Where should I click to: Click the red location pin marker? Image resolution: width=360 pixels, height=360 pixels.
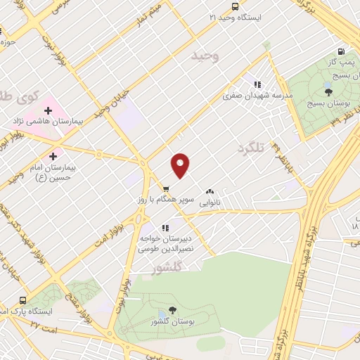click(x=181, y=165)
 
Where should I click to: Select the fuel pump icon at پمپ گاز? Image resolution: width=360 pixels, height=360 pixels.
click(x=341, y=51)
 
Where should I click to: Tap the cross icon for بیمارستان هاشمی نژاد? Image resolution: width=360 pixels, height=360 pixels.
click(x=48, y=110)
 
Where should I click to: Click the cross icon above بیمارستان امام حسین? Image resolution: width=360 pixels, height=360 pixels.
click(x=53, y=155)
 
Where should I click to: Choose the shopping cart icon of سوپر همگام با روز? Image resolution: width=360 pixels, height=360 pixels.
click(x=166, y=188)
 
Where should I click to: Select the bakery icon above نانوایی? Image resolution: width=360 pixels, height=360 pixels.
click(x=210, y=191)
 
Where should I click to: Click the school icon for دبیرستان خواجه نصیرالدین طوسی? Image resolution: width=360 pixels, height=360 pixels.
click(x=166, y=228)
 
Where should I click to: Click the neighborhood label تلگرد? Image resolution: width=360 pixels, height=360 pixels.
click(x=255, y=148)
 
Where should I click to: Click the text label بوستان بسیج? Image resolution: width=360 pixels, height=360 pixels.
click(x=328, y=103)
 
